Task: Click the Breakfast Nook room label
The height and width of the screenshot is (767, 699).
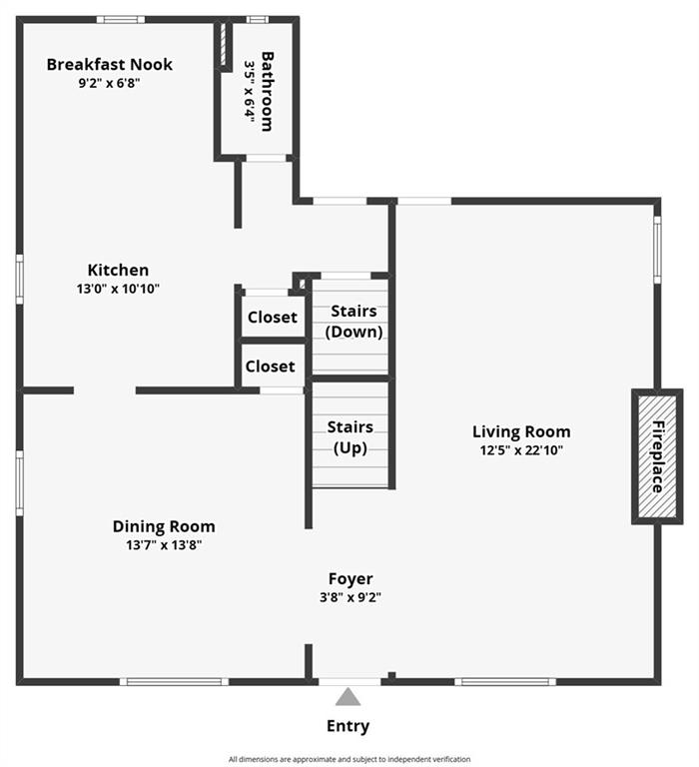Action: (109, 65)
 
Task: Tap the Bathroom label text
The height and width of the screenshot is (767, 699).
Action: (268, 89)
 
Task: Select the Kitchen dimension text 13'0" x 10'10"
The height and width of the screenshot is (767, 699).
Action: (117, 289)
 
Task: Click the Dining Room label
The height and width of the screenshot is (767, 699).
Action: (164, 526)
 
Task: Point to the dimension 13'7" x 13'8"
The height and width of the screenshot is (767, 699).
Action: (164, 545)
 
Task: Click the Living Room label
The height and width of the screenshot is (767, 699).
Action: (521, 431)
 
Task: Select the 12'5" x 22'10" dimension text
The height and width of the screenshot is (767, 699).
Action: (521, 450)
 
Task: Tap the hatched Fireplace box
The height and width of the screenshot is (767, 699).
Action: (656, 456)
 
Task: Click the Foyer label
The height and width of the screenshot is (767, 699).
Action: (350, 578)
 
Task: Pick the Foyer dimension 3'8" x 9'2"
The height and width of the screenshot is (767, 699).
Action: (350, 597)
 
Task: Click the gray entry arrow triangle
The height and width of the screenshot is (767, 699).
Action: (348, 697)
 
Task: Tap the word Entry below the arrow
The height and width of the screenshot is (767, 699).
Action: (348, 726)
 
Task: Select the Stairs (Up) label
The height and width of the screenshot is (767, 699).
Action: (350, 437)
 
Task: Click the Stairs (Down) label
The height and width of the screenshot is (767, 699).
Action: (354, 322)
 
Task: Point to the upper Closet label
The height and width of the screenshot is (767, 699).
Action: (272, 318)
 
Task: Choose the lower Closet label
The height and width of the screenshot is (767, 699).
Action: (270, 367)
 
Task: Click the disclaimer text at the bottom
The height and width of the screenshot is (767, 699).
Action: (349, 759)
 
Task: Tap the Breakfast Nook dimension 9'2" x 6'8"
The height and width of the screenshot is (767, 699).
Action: (109, 84)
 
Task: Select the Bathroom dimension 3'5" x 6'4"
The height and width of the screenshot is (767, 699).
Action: (250, 91)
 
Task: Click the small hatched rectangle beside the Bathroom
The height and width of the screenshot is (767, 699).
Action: (224, 45)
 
